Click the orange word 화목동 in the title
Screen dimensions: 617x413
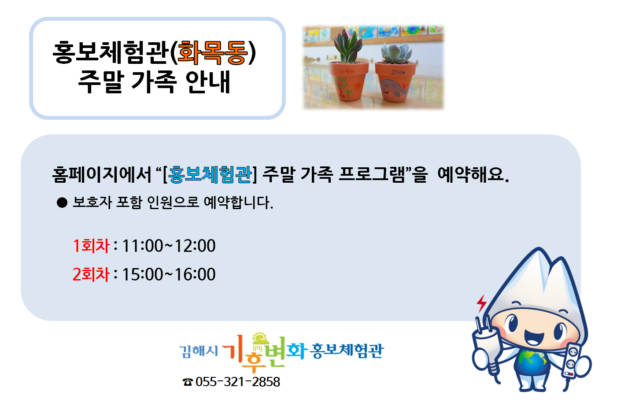tap(213, 53)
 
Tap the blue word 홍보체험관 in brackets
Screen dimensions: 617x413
tap(210, 174)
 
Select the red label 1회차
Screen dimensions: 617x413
tap(91, 246)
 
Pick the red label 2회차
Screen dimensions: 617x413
tap(91, 274)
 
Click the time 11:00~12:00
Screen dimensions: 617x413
tap(169, 246)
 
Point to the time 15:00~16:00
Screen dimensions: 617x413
tap(169, 274)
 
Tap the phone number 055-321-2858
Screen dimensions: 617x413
tap(238, 382)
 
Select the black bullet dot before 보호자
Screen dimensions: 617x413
tap(62, 203)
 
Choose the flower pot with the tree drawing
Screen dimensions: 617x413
tap(349, 81)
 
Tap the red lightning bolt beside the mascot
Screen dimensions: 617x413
tap(482, 303)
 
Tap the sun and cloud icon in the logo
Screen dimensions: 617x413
tap(260, 339)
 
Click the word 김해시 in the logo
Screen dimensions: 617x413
tap(198, 351)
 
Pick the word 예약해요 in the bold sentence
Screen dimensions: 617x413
tap(473, 174)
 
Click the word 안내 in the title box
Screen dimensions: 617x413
tap(208, 82)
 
